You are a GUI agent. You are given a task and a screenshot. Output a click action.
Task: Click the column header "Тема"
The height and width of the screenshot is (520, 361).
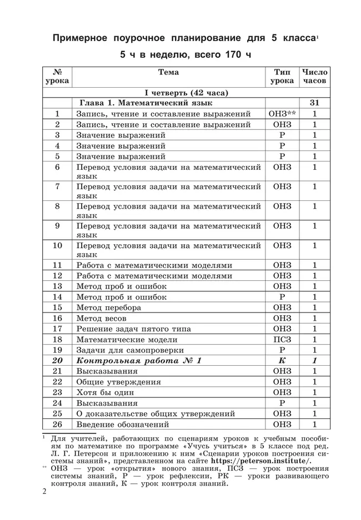tap(168, 72)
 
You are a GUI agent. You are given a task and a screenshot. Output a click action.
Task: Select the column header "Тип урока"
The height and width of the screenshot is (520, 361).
tap(282, 77)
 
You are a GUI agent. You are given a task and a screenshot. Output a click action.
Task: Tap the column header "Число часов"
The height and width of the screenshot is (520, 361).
tap(314, 77)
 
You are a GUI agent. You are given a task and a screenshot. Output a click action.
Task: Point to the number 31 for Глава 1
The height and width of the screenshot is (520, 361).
tap(314, 103)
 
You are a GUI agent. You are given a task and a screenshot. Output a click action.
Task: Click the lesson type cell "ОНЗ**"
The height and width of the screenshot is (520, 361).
tap(282, 114)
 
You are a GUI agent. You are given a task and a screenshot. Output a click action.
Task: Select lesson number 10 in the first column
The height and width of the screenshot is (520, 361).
tap(57, 245)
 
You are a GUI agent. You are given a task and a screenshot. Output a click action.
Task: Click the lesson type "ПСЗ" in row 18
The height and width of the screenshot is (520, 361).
tap(282, 340)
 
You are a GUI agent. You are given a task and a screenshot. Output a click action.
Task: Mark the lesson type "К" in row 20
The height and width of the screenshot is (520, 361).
tap(282, 361)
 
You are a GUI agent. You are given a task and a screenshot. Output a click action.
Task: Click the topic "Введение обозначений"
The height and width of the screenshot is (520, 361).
tap(122, 425)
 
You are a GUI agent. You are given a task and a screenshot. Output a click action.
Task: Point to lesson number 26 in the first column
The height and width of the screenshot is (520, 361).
tap(57, 425)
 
